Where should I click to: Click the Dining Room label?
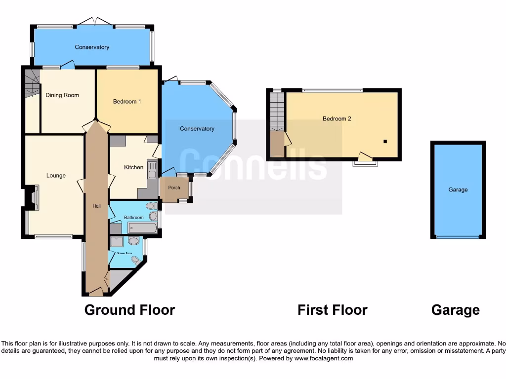[62, 95]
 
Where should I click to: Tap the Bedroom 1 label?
[127, 102]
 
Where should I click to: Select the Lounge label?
[56, 176]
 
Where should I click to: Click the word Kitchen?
[133, 167]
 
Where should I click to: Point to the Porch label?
[174, 188]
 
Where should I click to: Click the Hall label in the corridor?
[96, 206]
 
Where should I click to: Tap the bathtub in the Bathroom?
[142, 227]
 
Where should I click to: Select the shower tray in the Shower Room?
[117, 242]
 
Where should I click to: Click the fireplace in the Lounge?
[33, 197]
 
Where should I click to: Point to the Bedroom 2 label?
[337, 118]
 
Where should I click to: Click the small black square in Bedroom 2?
[385, 142]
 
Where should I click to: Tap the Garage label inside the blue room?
[458, 189]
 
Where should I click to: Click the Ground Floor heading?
[129, 310]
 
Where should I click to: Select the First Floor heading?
[332, 310]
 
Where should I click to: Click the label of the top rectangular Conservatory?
[92, 47]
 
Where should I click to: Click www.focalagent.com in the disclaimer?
[323, 358]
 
